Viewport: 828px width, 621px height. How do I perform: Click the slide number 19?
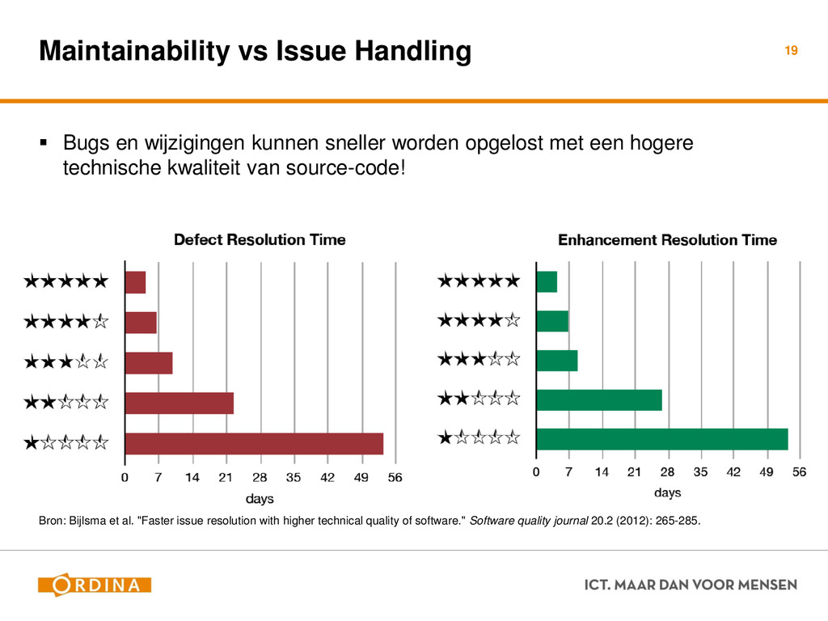[791, 51]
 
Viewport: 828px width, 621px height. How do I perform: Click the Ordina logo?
[95, 585]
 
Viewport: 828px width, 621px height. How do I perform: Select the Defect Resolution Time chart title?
[260, 240]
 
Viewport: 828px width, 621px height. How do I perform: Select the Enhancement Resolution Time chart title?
[668, 240]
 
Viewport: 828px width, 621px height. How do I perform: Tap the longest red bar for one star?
[254, 444]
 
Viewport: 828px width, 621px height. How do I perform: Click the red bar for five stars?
[135, 283]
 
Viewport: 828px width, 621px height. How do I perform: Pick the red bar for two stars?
[180, 403]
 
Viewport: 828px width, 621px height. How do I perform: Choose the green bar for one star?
[661, 439]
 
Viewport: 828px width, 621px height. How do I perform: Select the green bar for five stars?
[547, 281]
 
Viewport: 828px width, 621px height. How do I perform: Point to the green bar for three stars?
[557, 360]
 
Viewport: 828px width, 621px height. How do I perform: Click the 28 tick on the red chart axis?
[260, 478]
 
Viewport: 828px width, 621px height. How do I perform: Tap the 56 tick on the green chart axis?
[799, 471]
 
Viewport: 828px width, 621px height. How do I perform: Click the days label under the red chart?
[260, 497]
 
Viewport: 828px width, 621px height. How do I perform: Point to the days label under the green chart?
[667, 492]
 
